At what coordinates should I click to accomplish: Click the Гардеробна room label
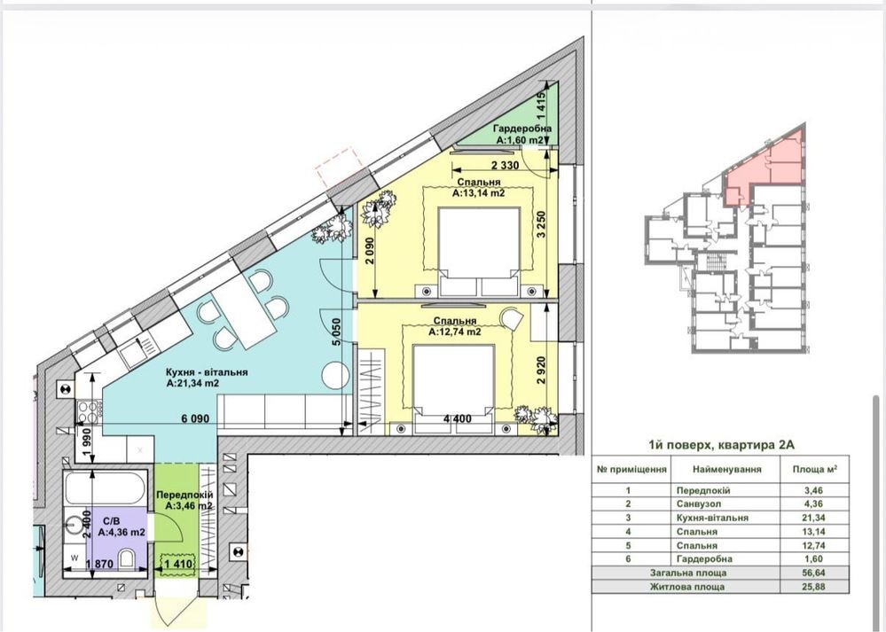tap(522, 129)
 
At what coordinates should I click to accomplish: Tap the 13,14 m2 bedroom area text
tap(478, 193)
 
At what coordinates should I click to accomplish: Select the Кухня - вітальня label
tap(207, 372)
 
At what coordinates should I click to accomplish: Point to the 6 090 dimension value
tap(195, 418)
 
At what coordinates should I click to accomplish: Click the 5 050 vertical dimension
tap(337, 332)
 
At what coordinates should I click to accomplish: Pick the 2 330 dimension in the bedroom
tap(506, 166)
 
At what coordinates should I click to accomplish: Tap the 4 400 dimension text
tap(457, 418)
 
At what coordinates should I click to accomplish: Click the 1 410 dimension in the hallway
tap(178, 563)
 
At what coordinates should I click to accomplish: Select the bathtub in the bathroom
tap(106, 488)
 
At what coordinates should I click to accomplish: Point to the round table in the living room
tap(335, 374)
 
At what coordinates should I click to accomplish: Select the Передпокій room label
tap(184, 495)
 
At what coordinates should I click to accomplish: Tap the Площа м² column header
tap(814, 469)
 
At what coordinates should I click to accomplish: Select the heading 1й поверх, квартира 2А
tap(722, 444)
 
